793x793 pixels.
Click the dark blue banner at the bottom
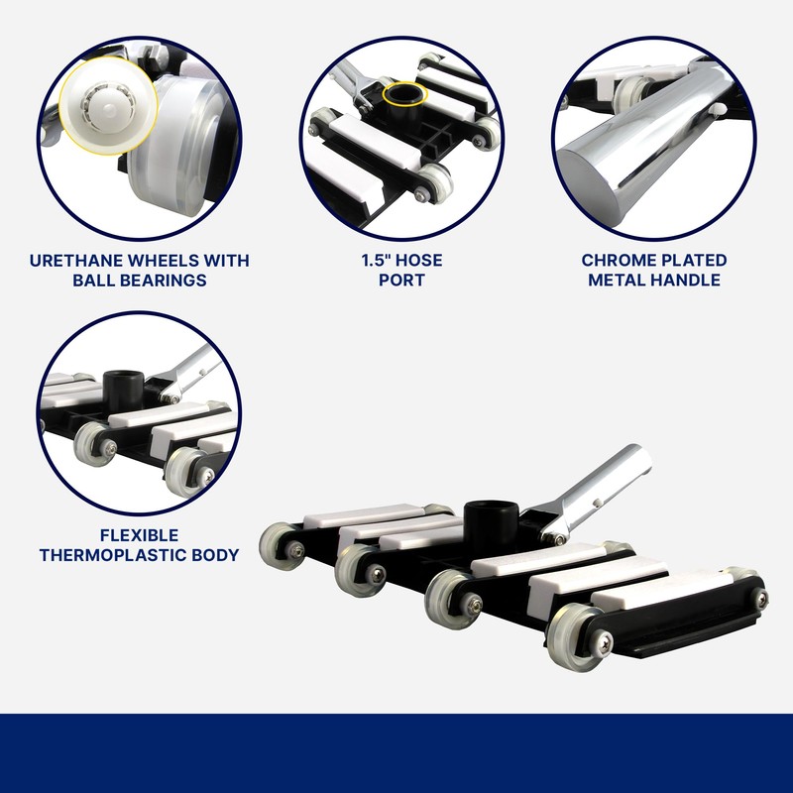click(x=396, y=753)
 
